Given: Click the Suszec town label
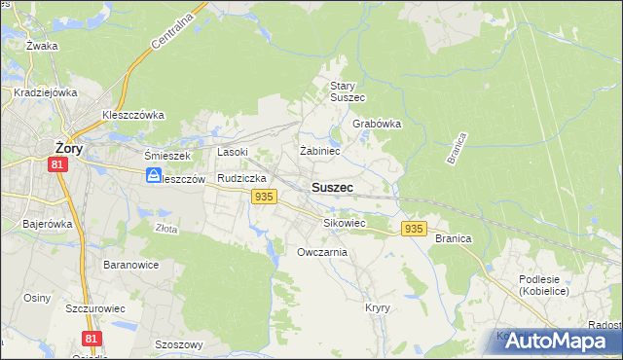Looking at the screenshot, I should click(332, 186).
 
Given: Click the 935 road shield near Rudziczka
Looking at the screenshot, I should click(263, 198).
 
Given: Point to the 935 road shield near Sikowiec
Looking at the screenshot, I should click(414, 229).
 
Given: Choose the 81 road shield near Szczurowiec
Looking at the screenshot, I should click(92, 338).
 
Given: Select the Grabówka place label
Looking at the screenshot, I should click(377, 125).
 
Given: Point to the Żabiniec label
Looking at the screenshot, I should click(319, 151).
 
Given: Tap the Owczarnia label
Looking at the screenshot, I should click(321, 252).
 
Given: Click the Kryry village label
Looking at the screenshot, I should click(378, 306).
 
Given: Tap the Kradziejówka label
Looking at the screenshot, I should click(46, 92).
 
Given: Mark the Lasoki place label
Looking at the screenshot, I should click(233, 152).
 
